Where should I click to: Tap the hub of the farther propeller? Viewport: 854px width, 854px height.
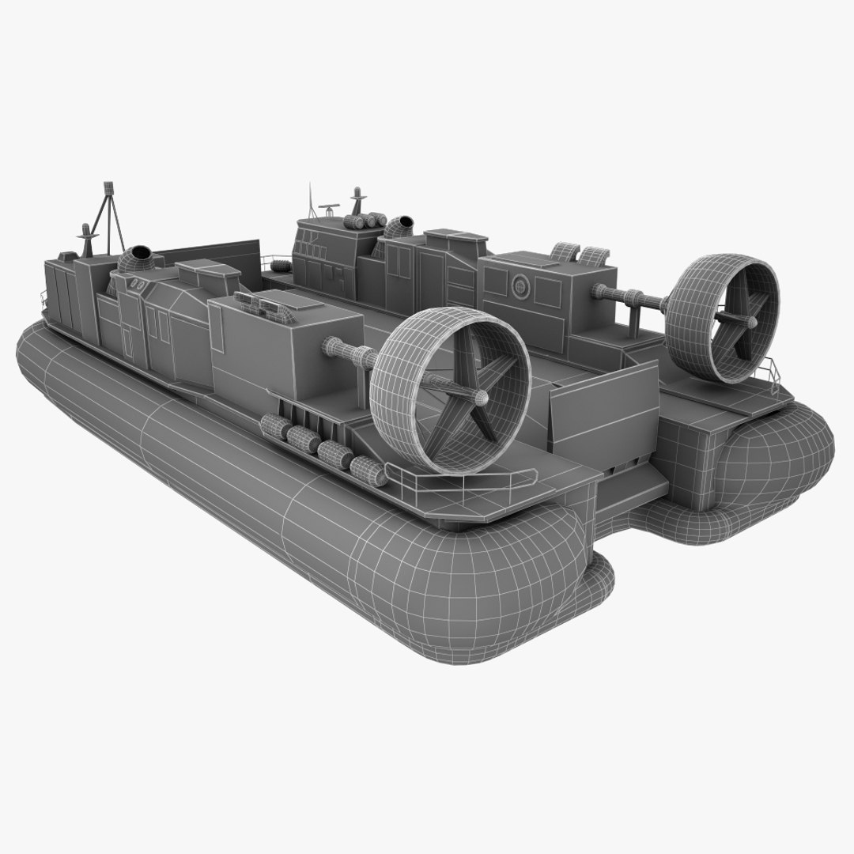(750, 321)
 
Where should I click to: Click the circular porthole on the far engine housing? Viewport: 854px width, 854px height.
(521, 285)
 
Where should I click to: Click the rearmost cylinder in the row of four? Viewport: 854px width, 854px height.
(368, 471)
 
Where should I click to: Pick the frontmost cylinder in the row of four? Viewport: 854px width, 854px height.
(275, 426)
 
